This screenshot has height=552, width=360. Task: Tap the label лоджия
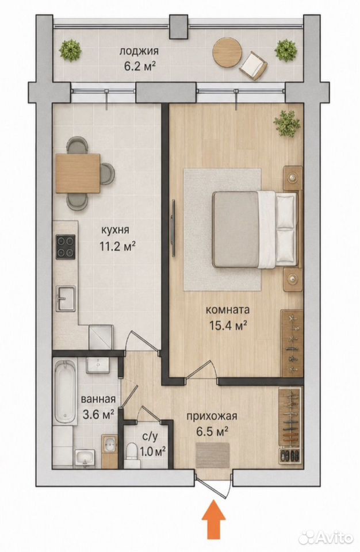click(x=139, y=51)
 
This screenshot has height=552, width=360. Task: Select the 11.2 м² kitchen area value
click(x=118, y=246)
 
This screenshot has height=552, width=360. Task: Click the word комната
click(x=228, y=310)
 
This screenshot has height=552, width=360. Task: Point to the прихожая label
click(x=212, y=416)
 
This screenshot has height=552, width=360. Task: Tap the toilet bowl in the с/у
click(x=131, y=451)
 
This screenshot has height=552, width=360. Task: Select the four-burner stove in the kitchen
click(x=66, y=247)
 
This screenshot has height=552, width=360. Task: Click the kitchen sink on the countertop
click(x=66, y=299)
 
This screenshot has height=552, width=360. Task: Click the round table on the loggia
click(x=227, y=50)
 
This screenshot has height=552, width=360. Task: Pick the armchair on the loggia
click(x=253, y=66)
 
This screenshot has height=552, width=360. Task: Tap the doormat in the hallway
click(x=213, y=454)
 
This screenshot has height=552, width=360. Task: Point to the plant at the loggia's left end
click(x=71, y=51)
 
